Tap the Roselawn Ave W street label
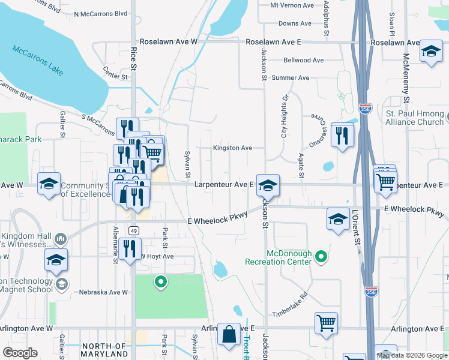point(168,43)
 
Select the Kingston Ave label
point(232,148)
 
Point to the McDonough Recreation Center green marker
point(322,257)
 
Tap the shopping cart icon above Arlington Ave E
point(326,323)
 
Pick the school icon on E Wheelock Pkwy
point(339,220)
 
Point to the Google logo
point(20,353)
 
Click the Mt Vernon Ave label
point(292,5)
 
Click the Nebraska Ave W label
point(104,293)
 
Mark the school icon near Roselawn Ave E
point(431,52)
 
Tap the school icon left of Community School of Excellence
point(48,185)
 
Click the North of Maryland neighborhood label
point(104,350)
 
